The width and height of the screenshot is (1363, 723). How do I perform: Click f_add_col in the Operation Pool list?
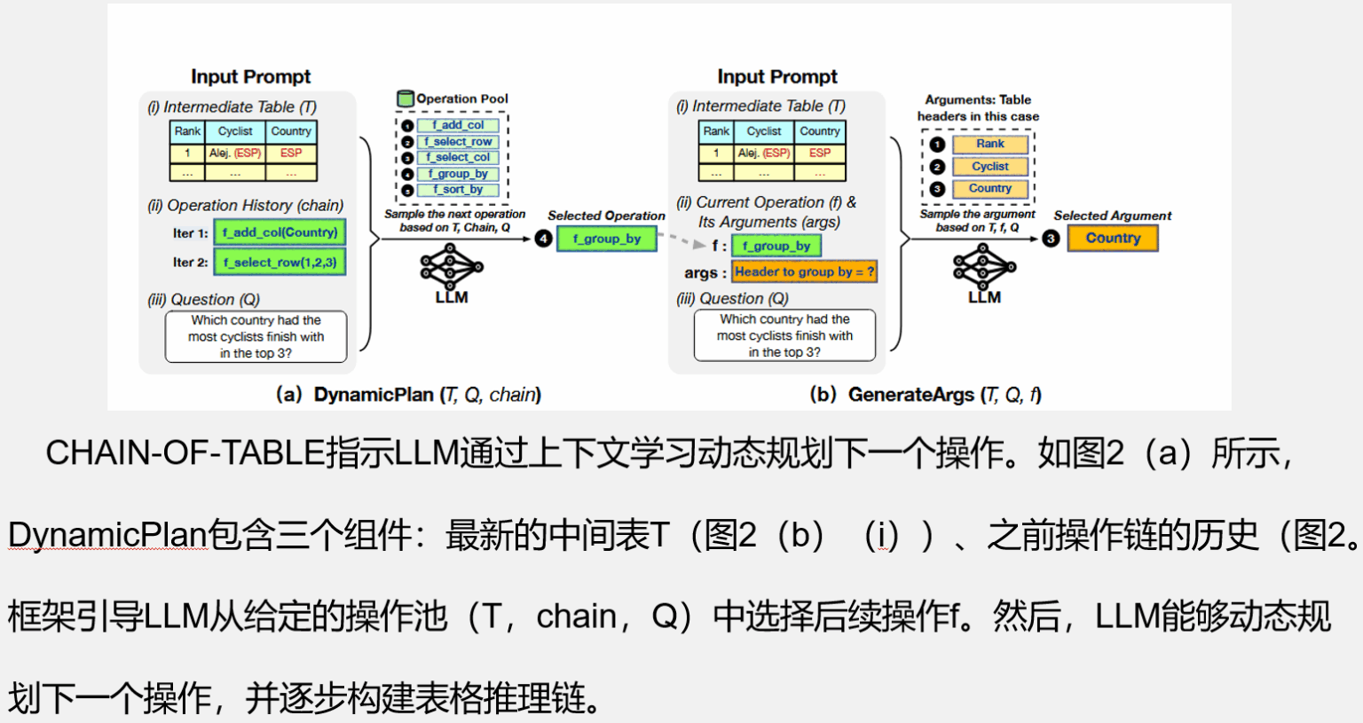pos(458,125)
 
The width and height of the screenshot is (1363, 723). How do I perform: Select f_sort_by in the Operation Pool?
pos(458,190)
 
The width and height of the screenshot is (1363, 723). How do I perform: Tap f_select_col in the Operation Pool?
pos(458,157)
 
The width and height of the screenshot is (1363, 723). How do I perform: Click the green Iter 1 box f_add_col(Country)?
pos(280,232)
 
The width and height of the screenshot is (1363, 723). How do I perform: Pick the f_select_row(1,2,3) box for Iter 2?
pos(280,263)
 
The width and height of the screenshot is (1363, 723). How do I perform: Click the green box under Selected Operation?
pos(607,239)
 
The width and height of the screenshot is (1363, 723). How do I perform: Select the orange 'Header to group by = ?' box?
pos(804,272)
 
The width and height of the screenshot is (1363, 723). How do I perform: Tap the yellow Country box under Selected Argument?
pos(1113,239)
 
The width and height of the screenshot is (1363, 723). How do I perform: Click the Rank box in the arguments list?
pos(990,144)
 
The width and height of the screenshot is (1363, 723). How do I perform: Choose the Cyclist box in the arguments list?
pos(990,166)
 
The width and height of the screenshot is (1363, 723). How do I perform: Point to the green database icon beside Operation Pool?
pos(406,98)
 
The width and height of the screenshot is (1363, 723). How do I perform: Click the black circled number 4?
pos(543,239)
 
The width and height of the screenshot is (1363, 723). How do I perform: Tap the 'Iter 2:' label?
pos(190,263)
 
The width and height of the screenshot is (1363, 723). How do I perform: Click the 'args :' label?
pos(705,273)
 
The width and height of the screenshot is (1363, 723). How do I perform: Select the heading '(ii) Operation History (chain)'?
pos(246,206)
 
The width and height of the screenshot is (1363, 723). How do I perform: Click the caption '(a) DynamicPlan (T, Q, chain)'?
pos(408,395)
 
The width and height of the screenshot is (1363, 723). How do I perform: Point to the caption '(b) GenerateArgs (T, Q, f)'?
pos(926,395)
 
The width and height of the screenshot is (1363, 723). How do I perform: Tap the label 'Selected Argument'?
pos(1112,216)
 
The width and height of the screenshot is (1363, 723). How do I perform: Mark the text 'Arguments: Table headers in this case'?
pos(978,108)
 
